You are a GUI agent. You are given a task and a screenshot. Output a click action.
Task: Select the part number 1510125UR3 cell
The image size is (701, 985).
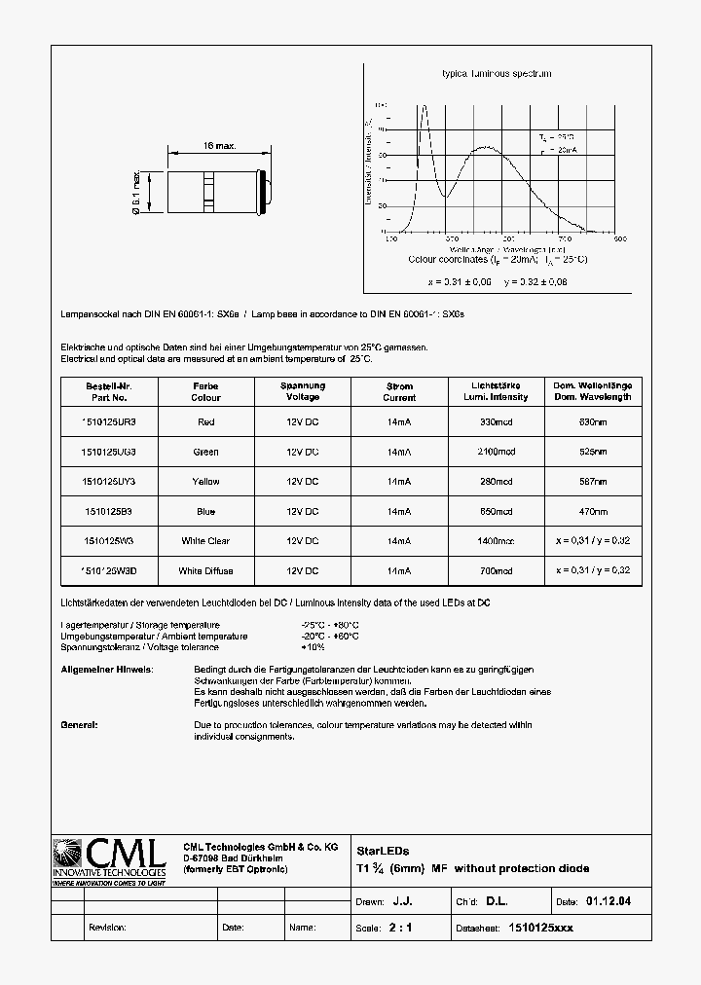(108, 421)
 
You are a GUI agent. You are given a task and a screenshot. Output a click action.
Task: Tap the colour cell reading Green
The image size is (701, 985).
(205, 452)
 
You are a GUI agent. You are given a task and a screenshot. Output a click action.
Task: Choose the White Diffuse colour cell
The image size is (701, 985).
(205, 571)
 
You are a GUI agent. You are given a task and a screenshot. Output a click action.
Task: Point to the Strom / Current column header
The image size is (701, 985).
(399, 391)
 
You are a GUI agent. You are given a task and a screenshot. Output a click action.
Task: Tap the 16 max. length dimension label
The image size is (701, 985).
(220, 146)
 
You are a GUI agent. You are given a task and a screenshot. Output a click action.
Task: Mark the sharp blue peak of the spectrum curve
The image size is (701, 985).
(424, 107)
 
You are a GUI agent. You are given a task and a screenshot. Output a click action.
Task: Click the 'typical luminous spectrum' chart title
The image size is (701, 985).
(497, 74)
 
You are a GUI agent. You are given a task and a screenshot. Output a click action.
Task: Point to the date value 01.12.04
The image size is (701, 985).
(609, 902)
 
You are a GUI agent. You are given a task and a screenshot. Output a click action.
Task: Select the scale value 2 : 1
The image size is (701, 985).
(400, 928)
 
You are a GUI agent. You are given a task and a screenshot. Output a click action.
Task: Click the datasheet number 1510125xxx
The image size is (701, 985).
(540, 928)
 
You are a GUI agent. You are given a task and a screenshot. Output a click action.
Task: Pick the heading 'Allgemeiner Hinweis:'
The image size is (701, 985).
(107, 671)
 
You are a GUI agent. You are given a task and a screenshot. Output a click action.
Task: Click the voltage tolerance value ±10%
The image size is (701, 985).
(314, 647)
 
